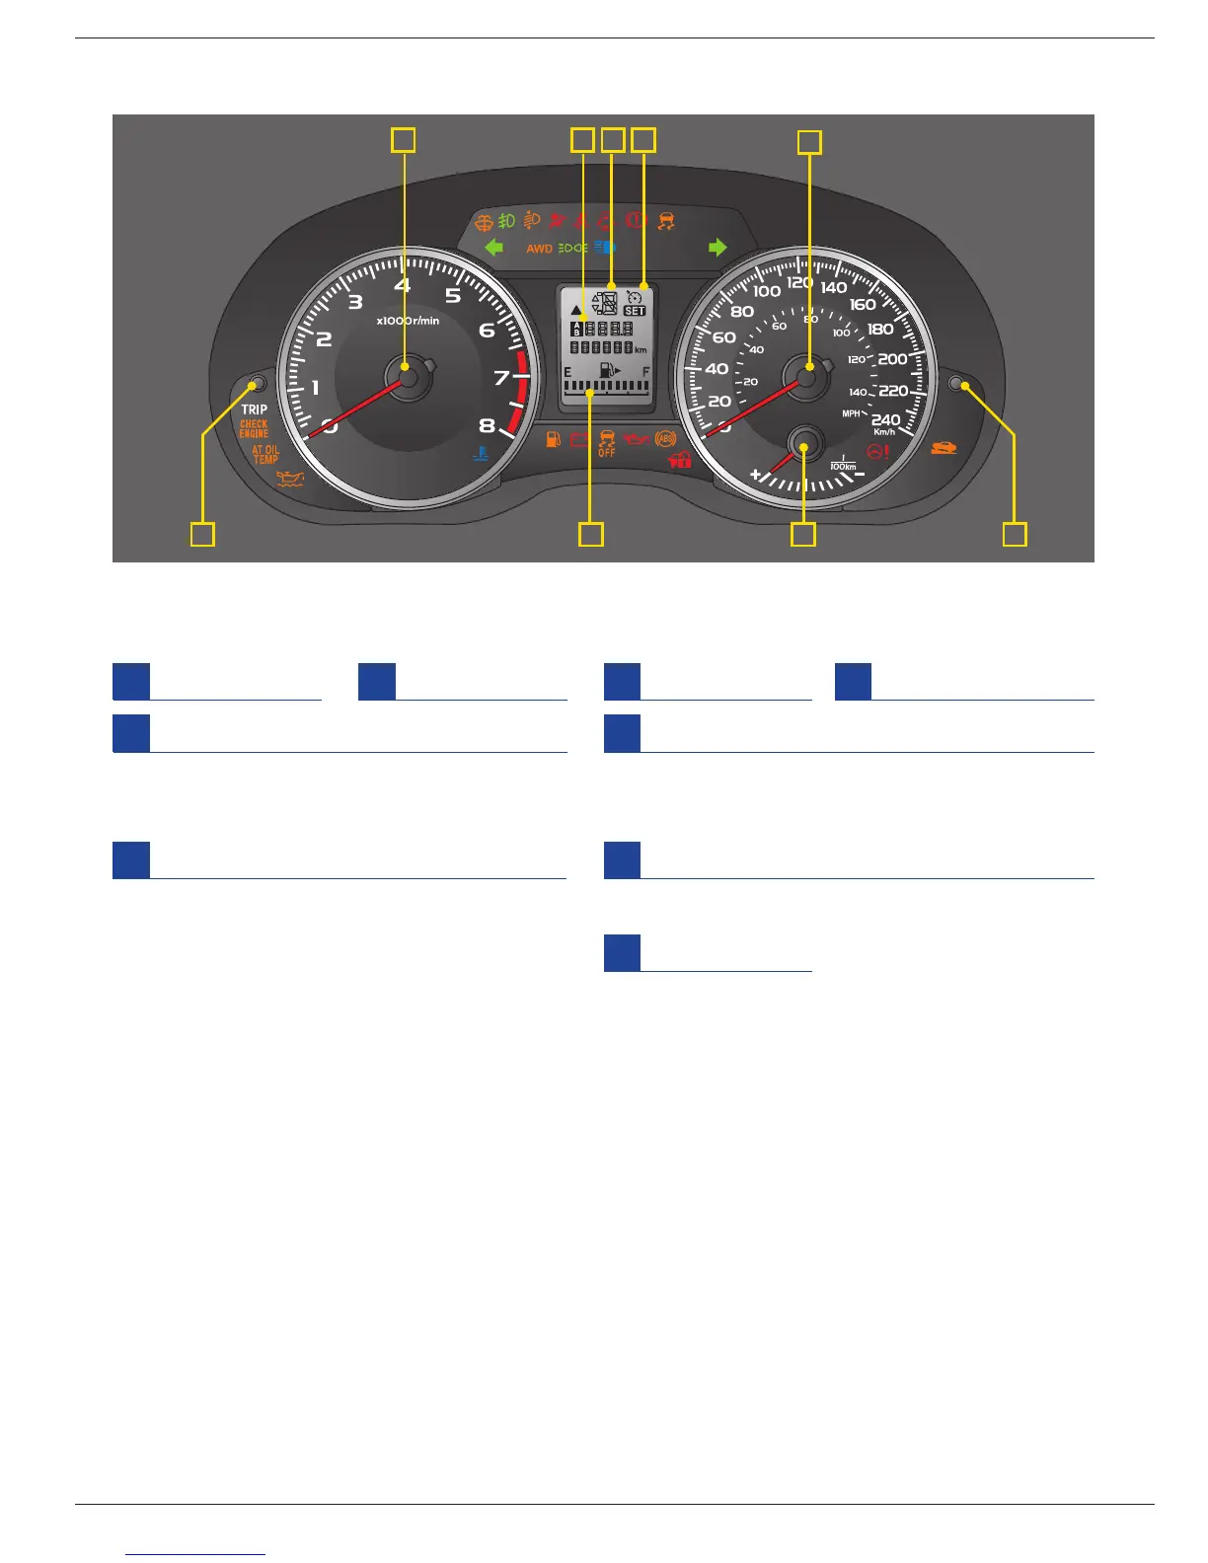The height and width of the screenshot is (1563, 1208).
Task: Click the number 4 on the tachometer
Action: pyautogui.click(x=402, y=286)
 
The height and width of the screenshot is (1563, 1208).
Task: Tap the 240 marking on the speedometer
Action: pyautogui.click(x=885, y=419)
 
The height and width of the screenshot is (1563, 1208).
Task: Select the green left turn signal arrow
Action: pyautogui.click(x=494, y=248)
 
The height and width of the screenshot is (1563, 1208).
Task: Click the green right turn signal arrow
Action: pyautogui.click(x=717, y=248)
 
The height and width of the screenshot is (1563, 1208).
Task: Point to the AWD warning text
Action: pyautogui.click(x=539, y=249)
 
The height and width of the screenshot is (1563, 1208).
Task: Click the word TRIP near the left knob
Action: pyautogui.click(x=255, y=409)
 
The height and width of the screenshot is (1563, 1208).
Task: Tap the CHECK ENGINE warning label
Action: pyautogui.click(x=254, y=428)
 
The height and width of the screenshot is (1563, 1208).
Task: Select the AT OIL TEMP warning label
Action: pyautogui.click(x=265, y=454)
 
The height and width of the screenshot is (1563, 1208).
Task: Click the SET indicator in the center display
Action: pyautogui.click(x=635, y=311)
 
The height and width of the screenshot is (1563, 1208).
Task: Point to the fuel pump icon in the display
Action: pyautogui.click(x=608, y=371)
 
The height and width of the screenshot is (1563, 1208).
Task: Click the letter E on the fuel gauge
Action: pyautogui.click(x=567, y=373)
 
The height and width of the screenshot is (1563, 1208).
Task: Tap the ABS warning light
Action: pyautogui.click(x=666, y=438)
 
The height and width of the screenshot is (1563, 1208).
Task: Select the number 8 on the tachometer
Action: pyautogui.click(x=487, y=425)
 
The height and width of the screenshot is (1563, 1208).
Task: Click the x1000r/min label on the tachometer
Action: pyautogui.click(x=408, y=321)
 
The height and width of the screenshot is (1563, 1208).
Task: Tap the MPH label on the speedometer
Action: pyautogui.click(x=851, y=413)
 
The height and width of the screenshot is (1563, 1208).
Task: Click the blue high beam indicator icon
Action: pyautogui.click(x=604, y=249)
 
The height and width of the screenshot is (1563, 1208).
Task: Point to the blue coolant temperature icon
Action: pyautogui.click(x=482, y=454)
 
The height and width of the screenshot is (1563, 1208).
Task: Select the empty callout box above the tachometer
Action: pyautogui.click(x=403, y=140)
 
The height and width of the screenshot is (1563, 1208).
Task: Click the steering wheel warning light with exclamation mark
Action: pyautogui.click(x=877, y=451)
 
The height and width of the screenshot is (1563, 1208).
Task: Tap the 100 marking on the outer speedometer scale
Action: pyautogui.click(x=767, y=291)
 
